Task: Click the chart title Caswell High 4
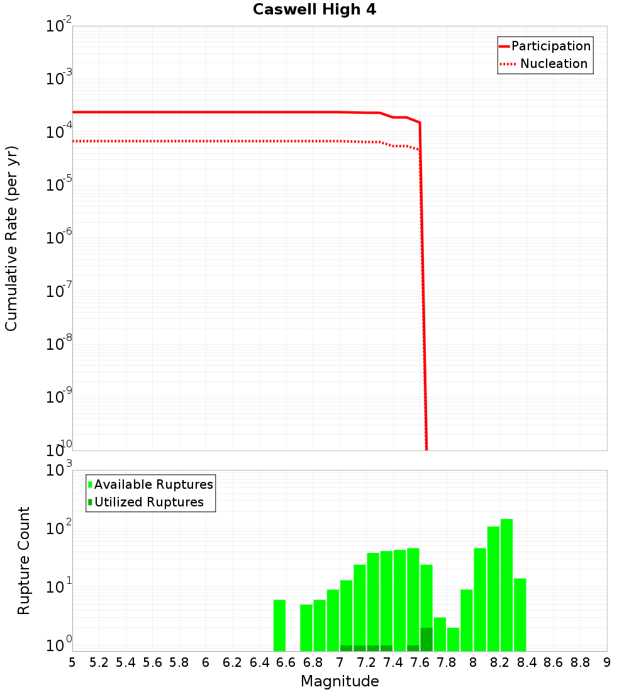point(314,10)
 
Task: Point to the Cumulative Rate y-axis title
point(11,238)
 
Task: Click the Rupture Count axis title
point(24,561)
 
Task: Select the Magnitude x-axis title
point(340,681)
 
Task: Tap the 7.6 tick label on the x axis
point(420,662)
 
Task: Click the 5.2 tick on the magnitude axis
point(99,662)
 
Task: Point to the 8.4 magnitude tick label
point(527,662)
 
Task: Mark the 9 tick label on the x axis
point(607,662)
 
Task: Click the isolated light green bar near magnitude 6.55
point(279,625)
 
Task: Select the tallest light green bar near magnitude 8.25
point(506,585)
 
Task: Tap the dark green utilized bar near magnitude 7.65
point(426,639)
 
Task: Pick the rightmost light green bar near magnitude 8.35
point(520,615)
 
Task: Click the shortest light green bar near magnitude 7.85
point(453,639)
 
